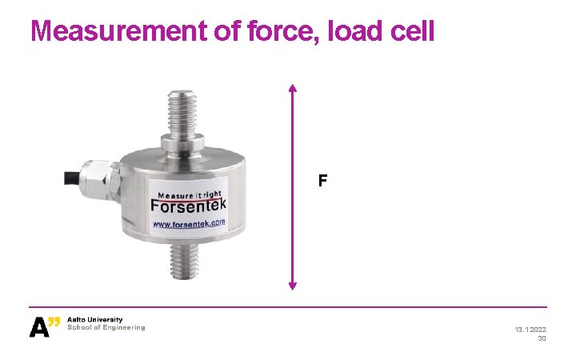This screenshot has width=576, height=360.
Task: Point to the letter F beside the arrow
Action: pos(322,182)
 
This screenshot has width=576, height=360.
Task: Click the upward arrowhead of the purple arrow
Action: pos(293,89)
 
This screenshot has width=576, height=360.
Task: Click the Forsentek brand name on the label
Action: pos(188,206)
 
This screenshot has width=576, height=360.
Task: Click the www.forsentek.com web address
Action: pos(189,223)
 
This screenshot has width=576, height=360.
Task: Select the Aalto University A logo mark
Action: pos(45,326)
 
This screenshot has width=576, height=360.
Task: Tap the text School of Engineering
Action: pos(106,327)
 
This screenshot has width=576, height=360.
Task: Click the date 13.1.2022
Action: pos(530,329)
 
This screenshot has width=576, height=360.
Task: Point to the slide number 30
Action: pos(542,338)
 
